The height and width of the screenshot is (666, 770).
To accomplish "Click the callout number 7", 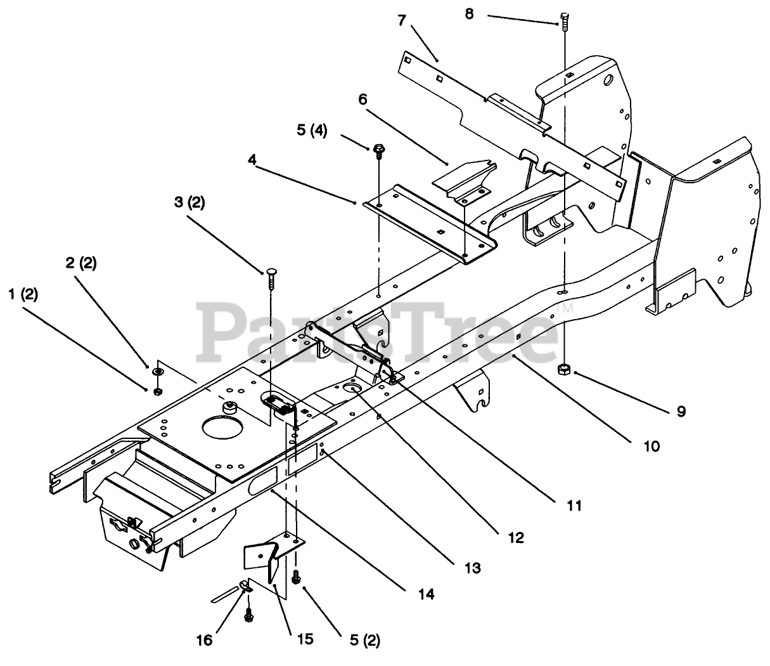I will click(x=401, y=20).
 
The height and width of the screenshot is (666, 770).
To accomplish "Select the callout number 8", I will click(x=469, y=13).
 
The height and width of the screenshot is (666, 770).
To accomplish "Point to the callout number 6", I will click(x=363, y=100).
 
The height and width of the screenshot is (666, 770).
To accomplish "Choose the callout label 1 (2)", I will click(x=23, y=294).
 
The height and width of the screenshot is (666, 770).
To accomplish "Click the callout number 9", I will click(x=681, y=411).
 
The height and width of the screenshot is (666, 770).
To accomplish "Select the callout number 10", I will click(x=651, y=446).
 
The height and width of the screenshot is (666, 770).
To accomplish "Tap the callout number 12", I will click(x=516, y=537).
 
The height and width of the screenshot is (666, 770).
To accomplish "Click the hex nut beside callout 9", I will click(x=562, y=370).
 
